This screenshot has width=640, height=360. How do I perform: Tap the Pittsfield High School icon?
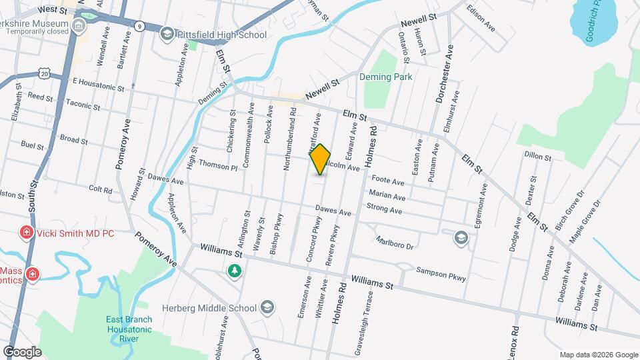click(167, 33)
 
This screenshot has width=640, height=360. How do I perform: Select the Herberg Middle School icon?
click(267, 307)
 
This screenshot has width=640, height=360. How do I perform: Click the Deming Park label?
click(386, 77)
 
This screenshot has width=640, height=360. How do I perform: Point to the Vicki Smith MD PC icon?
click(26, 233)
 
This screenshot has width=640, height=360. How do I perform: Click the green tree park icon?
click(234, 271)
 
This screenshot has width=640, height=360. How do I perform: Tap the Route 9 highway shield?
click(139, 26)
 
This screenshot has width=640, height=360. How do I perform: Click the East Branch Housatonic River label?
click(129, 325)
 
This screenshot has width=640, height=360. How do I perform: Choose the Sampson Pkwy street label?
click(441, 274)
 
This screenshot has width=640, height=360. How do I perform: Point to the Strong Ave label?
click(385, 209)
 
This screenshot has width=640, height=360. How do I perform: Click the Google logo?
click(22, 351)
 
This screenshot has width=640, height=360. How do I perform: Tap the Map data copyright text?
click(597, 354)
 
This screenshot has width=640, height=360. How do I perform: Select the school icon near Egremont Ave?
click(461, 237)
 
